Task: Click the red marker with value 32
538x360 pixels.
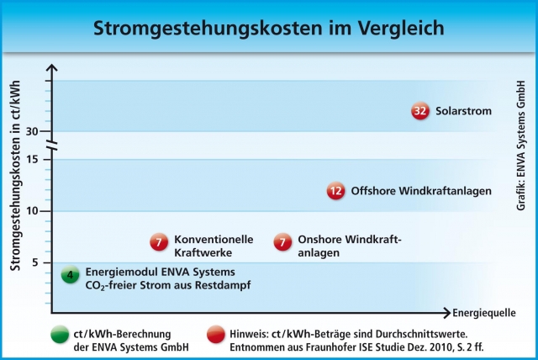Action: click(x=420, y=111)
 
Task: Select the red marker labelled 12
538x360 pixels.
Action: click(x=336, y=191)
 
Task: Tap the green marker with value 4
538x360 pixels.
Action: click(x=71, y=275)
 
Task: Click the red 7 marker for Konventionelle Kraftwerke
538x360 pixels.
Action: click(x=159, y=242)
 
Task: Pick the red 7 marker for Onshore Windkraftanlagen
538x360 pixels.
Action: click(x=282, y=242)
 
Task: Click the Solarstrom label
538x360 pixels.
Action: click(x=463, y=111)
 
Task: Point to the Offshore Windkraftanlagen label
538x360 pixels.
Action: click(x=421, y=191)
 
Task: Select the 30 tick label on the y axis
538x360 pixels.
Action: click(x=32, y=131)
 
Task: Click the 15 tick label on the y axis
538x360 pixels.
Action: click(x=32, y=160)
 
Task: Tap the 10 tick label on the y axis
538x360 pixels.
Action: click(x=32, y=211)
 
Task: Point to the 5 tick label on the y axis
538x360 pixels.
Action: click(x=35, y=263)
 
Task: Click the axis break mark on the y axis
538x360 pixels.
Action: click(x=52, y=146)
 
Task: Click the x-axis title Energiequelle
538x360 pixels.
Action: click(x=484, y=313)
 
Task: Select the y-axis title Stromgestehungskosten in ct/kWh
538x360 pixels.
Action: click(x=15, y=175)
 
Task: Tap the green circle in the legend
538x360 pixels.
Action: click(x=60, y=334)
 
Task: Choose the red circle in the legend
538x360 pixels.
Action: click(x=216, y=334)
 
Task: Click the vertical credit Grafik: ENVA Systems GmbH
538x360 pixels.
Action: click(x=520, y=146)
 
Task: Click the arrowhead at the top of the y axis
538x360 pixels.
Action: click(x=52, y=67)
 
